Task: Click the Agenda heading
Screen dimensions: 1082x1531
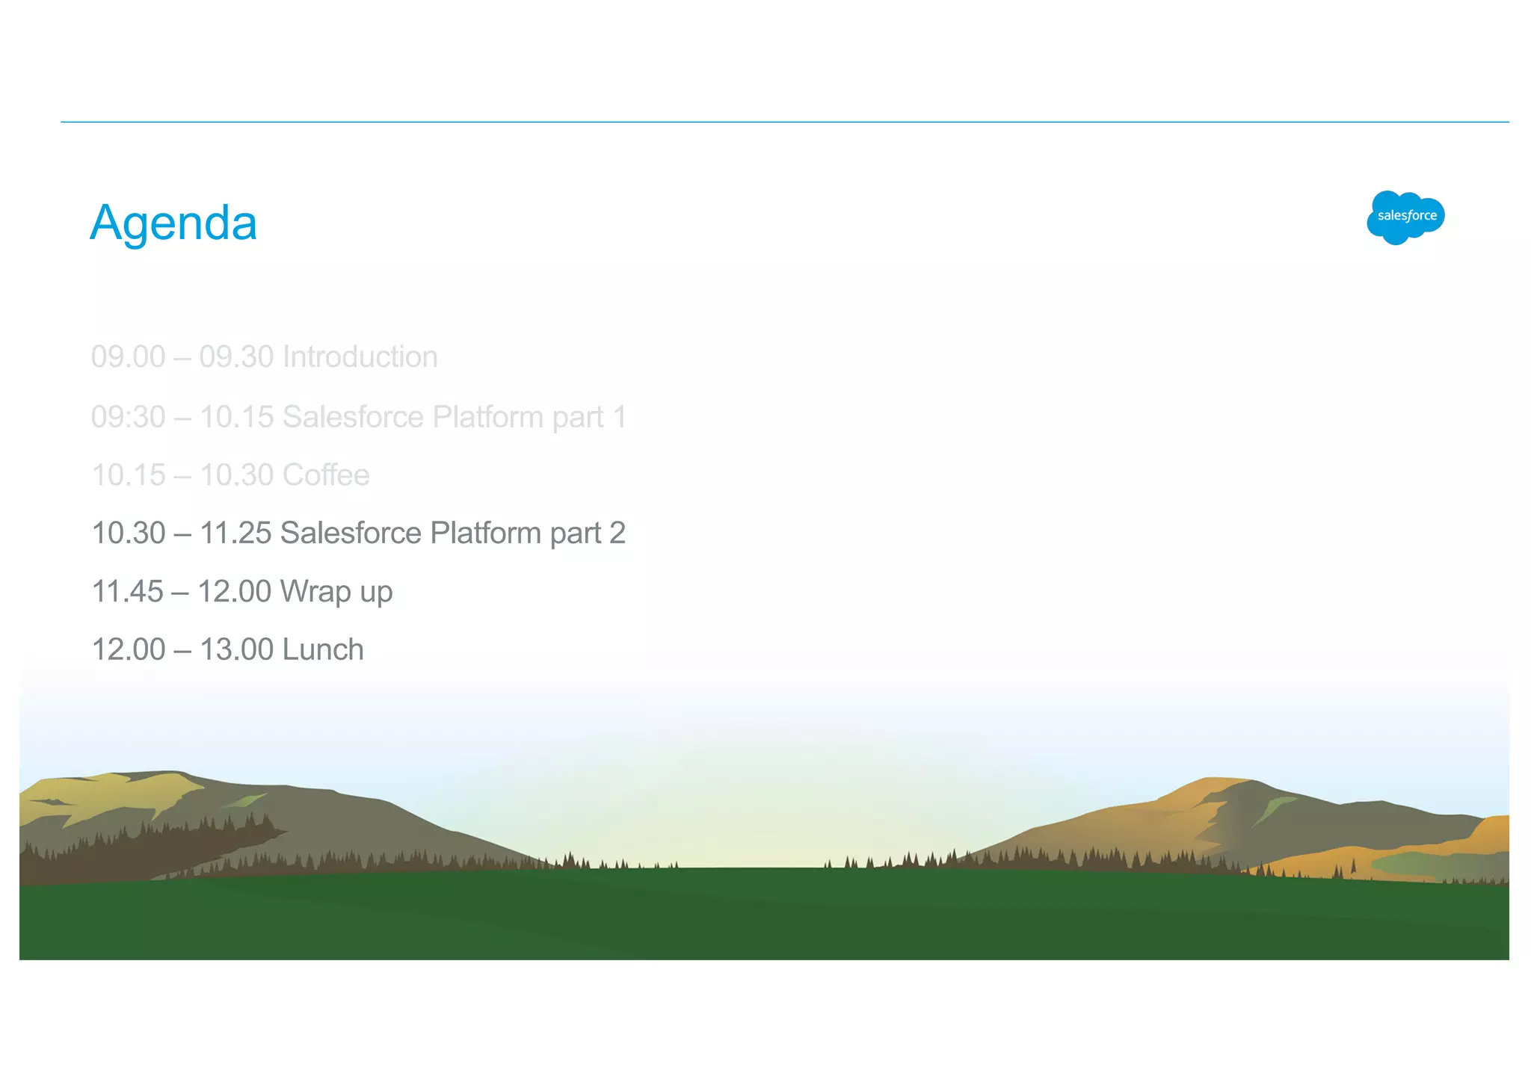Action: (x=173, y=223)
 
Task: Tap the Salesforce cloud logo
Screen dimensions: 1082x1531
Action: (x=1405, y=217)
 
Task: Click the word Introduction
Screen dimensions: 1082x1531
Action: (x=360, y=357)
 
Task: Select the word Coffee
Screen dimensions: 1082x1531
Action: (x=326, y=475)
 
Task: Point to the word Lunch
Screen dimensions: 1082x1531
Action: (x=323, y=650)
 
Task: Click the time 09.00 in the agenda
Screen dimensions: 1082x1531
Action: (x=128, y=357)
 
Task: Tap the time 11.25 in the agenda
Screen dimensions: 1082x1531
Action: (x=235, y=534)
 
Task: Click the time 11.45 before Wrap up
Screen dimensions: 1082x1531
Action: (x=127, y=592)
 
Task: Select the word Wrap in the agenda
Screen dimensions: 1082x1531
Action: (x=315, y=592)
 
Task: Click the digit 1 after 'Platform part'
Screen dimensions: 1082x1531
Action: (x=619, y=417)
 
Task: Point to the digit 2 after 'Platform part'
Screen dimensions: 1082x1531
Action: (x=617, y=534)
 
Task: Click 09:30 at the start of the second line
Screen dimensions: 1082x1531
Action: (x=128, y=417)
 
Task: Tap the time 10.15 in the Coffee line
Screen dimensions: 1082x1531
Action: (x=128, y=475)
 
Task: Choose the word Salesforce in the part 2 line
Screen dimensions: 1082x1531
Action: (x=351, y=534)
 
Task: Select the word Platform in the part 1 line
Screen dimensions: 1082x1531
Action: (x=487, y=417)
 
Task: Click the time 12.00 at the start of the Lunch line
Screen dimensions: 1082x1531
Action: (x=128, y=650)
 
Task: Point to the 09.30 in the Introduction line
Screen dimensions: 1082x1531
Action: (x=236, y=357)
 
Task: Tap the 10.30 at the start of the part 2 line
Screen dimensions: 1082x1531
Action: (x=128, y=534)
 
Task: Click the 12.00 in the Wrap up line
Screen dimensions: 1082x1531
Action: (x=234, y=592)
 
